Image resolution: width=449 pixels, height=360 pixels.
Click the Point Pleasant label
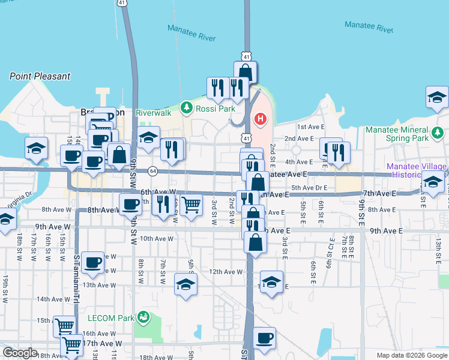point(40,76)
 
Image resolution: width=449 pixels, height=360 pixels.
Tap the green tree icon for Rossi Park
point(187,108)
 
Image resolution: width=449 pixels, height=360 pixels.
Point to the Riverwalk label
point(154,112)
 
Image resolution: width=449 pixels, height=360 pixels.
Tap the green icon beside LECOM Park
point(143,316)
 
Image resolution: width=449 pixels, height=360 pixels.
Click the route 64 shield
point(152,171)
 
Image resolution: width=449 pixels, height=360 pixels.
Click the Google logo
point(20,353)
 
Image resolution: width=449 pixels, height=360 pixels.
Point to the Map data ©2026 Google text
point(411,355)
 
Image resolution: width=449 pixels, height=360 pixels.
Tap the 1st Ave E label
point(310,127)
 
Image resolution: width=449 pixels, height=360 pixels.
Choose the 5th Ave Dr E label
point(309,188)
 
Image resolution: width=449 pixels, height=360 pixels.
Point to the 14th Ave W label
point(53,299)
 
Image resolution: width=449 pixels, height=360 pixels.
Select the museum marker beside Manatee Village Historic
point(433,182)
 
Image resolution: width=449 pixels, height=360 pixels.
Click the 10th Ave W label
point(156,238)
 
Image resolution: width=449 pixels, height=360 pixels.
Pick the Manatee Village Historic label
point(417,170)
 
